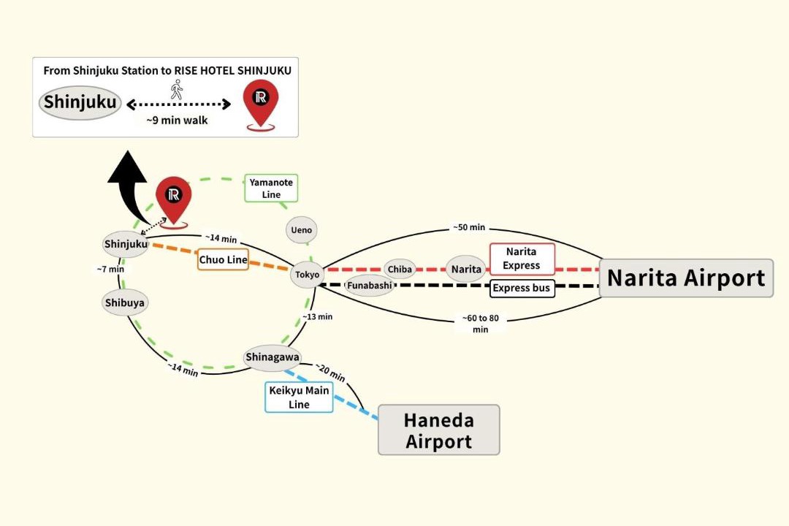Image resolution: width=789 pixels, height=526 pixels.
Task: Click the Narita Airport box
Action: pos(686,278)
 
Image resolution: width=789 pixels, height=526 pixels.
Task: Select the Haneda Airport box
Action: pos(439,430)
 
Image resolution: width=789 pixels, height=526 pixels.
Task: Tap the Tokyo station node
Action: pos(307,275)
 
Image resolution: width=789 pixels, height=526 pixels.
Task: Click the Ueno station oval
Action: pos(302,230)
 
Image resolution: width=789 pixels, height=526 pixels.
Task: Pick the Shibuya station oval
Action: pos(124,302)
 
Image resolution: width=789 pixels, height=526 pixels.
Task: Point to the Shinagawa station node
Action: pos(272,357)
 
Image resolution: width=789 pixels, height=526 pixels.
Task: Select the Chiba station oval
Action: pos(400,270)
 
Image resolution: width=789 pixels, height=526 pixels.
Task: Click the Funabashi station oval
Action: pos(370,286)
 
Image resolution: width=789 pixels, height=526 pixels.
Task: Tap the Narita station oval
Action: pos(466,270)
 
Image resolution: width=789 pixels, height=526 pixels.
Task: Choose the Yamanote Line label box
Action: pos(271,188)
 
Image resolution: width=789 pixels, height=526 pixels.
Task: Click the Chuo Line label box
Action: pos(223,260)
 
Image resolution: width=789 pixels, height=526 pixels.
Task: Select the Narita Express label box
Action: pos(522,259)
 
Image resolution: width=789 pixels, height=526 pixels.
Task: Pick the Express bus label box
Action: pos(522,288)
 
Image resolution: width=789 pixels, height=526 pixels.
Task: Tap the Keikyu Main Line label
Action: pos(299,397)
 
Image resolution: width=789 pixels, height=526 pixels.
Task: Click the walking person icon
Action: pos(176,89)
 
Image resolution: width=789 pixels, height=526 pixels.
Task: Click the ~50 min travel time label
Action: pos(469,227)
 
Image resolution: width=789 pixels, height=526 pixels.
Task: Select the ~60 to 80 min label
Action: pos(481,324)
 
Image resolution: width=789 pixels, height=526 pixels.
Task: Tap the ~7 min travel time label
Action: pos(110,270)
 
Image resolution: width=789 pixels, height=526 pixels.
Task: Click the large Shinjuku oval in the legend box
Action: pos(80,103)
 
